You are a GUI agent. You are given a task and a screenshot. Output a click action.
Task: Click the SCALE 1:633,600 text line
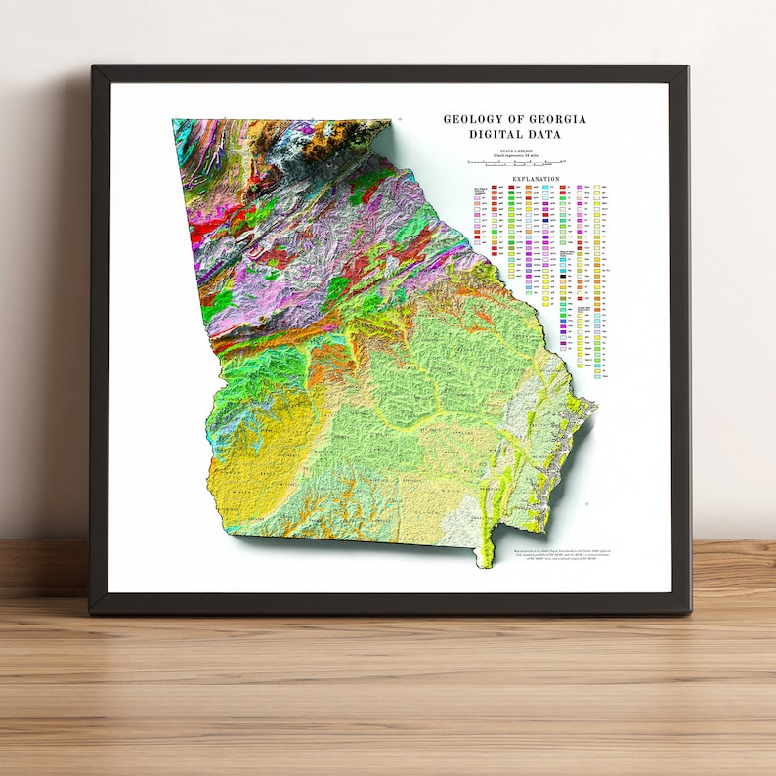(x=515, y=150)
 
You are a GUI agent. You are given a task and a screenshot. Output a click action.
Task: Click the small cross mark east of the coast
(x=587, y=503)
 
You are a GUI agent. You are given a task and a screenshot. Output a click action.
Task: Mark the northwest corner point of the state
(x=173, y=120)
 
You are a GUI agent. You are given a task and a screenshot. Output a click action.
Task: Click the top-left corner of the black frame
(x=93, y=67)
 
